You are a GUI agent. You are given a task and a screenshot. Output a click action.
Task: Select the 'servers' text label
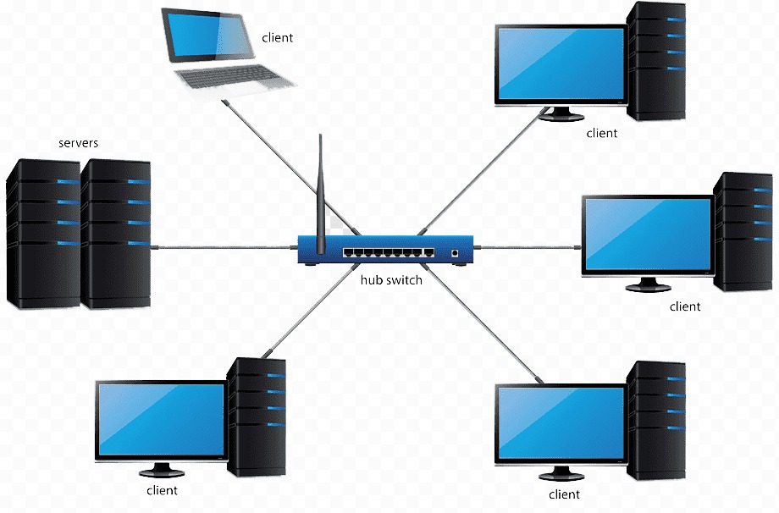coord(78,143)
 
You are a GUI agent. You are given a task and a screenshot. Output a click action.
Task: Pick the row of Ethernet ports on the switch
coord(389,252)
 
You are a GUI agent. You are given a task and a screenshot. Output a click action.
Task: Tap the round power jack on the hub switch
coord(456,252)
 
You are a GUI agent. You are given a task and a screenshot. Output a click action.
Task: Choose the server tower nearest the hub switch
coord(116,233)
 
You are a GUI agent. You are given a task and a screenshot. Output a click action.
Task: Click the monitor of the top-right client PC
coord(559,63)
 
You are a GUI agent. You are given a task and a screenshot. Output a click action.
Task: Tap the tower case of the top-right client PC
coord(658,59)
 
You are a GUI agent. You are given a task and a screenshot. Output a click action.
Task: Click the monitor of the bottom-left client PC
coord(161,420)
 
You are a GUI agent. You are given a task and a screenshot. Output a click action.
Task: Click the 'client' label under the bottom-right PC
coord(565,494)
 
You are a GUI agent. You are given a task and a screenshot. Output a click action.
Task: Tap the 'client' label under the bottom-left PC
coord(162,490)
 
